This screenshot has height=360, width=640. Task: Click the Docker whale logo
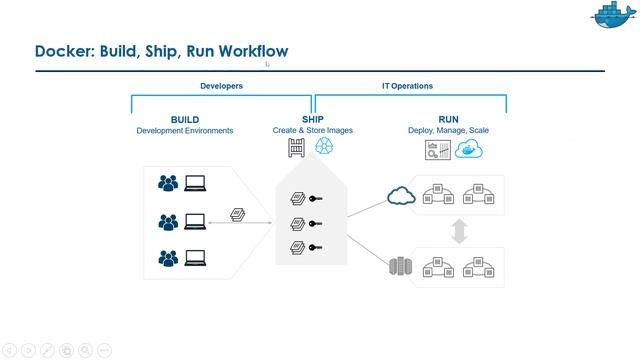[x=609, y=16]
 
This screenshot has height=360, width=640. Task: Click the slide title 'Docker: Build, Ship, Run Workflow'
[x=161, y=51]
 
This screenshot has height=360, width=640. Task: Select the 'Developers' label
[x=221, y=86]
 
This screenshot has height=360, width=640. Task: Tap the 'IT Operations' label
[x=407, y=86]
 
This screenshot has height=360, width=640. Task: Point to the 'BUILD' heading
[x=185, y=120]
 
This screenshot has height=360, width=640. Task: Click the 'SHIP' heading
[x=312, y=120]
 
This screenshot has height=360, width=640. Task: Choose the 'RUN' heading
[x=448, y=120]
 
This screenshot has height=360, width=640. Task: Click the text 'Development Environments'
[x=185, y=131]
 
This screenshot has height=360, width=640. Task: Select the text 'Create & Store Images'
[x=312, y=131]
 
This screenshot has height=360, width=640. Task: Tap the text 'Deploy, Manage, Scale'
[x=448, y=131]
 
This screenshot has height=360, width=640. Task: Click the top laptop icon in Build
[x=195, y=183]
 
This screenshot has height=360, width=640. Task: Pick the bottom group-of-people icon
[x=168, y=259]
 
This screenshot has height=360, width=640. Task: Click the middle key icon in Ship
[x=317, y=223]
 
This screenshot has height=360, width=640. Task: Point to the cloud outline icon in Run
[x=401, y=195]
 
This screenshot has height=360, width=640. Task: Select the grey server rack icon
[x=400, y=267]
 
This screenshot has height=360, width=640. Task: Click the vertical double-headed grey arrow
[x=459, y=231]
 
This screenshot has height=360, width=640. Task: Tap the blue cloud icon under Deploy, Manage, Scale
[x=469, y=150]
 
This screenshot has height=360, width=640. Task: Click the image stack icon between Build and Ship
[x=238, y=214]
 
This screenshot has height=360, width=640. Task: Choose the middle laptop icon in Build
[x=195, y=221]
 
